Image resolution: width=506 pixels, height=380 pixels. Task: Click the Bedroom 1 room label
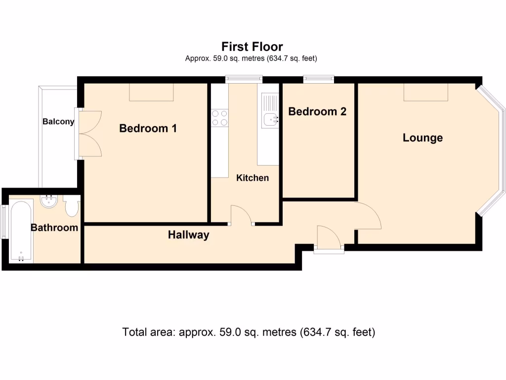click(x=148, y=128)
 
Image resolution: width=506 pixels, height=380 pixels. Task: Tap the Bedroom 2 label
click(x=317, y=111)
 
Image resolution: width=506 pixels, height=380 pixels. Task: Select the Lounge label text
click(x=423, y=138)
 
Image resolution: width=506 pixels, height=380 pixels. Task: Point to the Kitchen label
click(x=253, y=178)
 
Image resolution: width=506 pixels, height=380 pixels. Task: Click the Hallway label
click(x=188, y=235)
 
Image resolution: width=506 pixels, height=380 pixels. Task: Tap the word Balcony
click(x=58, y=122)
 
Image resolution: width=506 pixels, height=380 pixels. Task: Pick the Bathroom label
click(x=54, y=228)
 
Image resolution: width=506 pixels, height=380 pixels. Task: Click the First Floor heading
click(x=252, y=47)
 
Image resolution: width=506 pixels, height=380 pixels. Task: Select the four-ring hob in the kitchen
click(x=220, y=118)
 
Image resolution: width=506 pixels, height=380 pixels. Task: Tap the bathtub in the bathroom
click(x=21, y=231)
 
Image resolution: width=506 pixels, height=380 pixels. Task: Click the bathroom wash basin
click(x=49, y=201)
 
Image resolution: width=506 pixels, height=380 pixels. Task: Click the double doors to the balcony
click(x=90, y=134)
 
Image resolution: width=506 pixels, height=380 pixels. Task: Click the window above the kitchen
click(x=244, y=79)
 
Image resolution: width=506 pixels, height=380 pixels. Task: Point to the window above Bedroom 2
click(x=319, y=79)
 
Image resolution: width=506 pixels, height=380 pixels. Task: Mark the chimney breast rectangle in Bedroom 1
click(x=151, y=92)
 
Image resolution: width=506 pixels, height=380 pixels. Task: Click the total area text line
click(x=249, y=332)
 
